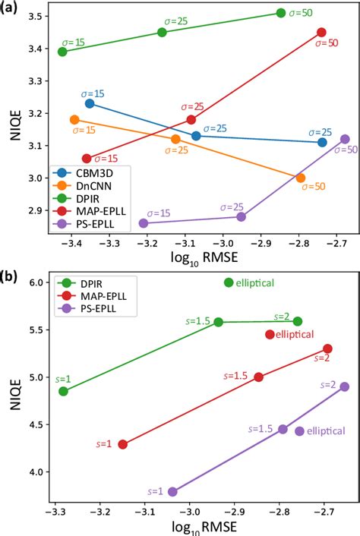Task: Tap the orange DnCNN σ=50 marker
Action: pos(301,178)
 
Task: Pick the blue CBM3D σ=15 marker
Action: pos(90,103)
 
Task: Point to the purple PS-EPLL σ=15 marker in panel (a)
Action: pos(144,223)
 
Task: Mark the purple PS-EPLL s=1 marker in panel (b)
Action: pos(172,492)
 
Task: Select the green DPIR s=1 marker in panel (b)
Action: pos(64,391)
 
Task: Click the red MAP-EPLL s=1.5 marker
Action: pos(258,377)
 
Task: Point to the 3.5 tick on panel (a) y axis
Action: pos(36,16)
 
